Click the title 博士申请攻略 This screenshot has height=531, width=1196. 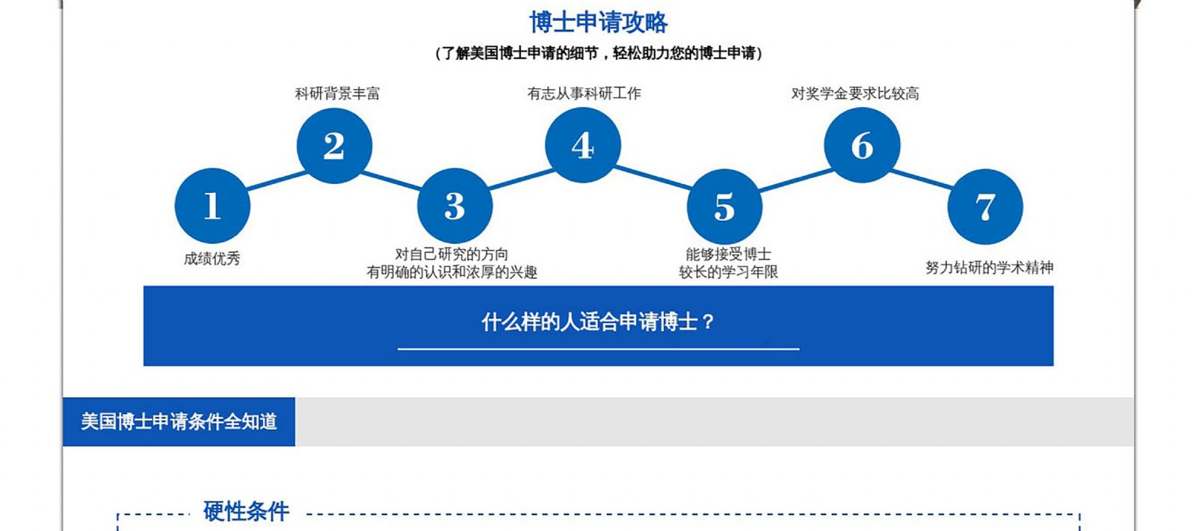click(x=598, y=23)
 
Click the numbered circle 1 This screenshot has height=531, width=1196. click(x=212, y=206)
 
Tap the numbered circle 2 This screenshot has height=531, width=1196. click(x=334, y=146)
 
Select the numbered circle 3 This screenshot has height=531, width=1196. click(x=455, y=206)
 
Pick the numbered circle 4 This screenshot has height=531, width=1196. click(x=583, y=145)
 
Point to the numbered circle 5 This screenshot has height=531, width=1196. click(x=724, y=206)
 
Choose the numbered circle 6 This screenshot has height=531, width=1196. click(x=862, y=145)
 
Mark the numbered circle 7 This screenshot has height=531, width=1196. click(x=985, y=206)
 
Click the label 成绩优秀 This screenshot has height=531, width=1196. click(x=212, y=259)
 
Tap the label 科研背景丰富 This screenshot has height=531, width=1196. click(x=337, y=93)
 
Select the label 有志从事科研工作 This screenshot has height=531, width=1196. click(x=584, y=93)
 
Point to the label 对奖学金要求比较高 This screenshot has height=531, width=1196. click(x=855, y=93)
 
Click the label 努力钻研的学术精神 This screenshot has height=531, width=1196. click(x=990, y=267)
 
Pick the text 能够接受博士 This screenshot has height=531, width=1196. click(x=728, y=254)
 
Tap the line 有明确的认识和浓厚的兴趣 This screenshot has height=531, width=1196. click(x=451, y=272)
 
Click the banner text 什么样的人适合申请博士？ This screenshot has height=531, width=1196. click(x=598, y=322)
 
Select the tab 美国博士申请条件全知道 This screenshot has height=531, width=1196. click(x=179, y=422)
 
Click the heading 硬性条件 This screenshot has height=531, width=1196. click(x=246, y=512)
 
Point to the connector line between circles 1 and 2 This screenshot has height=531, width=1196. click(x=277, y=180)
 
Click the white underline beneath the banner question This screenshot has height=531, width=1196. click(x=598, y=349)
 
